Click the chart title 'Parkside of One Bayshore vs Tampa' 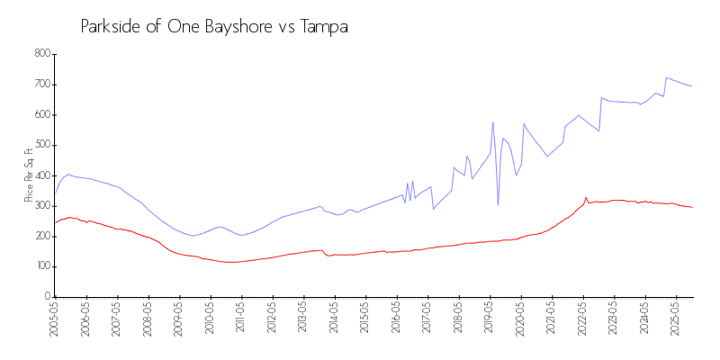214,27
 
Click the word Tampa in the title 322,27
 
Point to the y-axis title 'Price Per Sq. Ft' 30,175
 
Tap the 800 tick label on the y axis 40,54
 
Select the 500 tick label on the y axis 40,145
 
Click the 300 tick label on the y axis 40,206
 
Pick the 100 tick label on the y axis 40,266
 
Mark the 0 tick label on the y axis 46,297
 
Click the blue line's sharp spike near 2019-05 493,123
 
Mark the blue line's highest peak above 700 666,77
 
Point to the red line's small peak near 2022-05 586,198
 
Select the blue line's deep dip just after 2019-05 498,204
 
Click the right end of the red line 691,207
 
